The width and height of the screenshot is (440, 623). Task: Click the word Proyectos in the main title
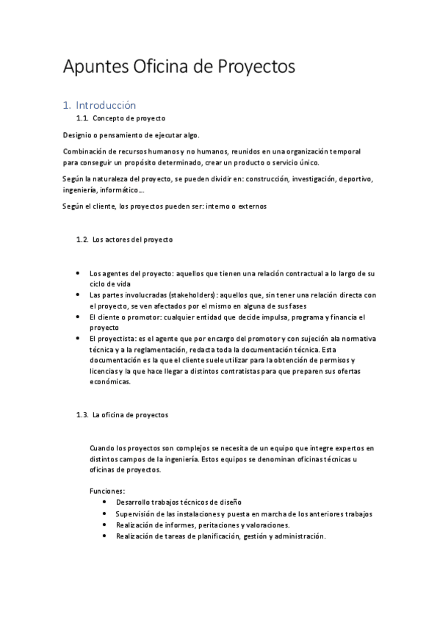click(x=256, y=67)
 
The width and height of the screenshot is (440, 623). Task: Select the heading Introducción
click(x=110, y=105)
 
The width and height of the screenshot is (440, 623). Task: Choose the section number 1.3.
click(x=82, y=415)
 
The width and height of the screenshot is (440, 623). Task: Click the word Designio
click(x=77, y=135)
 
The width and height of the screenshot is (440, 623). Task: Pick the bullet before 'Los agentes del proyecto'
click(x=78, y=273)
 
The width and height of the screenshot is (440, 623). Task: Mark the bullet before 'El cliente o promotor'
click(x=78, y=317)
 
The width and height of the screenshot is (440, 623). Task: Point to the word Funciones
click(x=107, y=490)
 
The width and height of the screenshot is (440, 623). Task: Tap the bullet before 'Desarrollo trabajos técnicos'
click(x=105, y=501)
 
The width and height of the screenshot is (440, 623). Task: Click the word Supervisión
click(x=136, y=514)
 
